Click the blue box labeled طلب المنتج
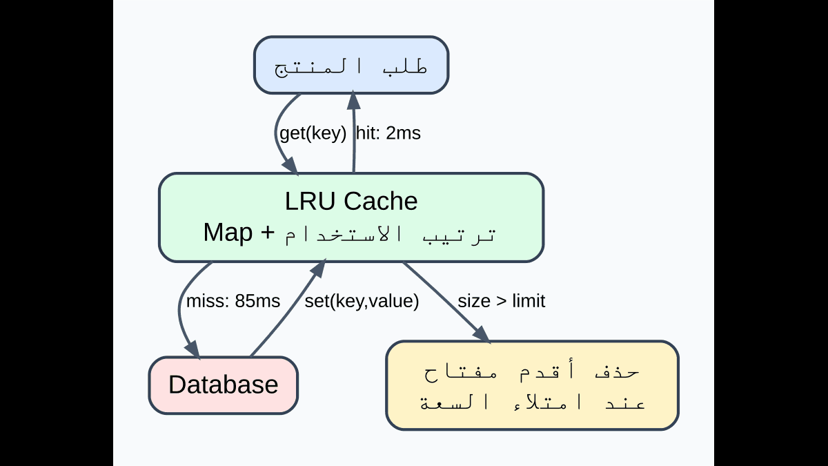click(351, 65)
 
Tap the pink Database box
click(223, 385)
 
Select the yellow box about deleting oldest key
click(532, 385)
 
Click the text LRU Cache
click(351, 202)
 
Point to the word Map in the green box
click(228, 233)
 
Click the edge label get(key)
click(313, 133)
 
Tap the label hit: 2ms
click(388, 133)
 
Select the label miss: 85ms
click(233, 301)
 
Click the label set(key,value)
click(362, 301)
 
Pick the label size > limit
click(501, 301)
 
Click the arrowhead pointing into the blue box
click(354, 100)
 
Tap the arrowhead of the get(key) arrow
click(291, 166)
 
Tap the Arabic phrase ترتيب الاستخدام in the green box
click(390, 234)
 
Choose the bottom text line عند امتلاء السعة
click(532, 402)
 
